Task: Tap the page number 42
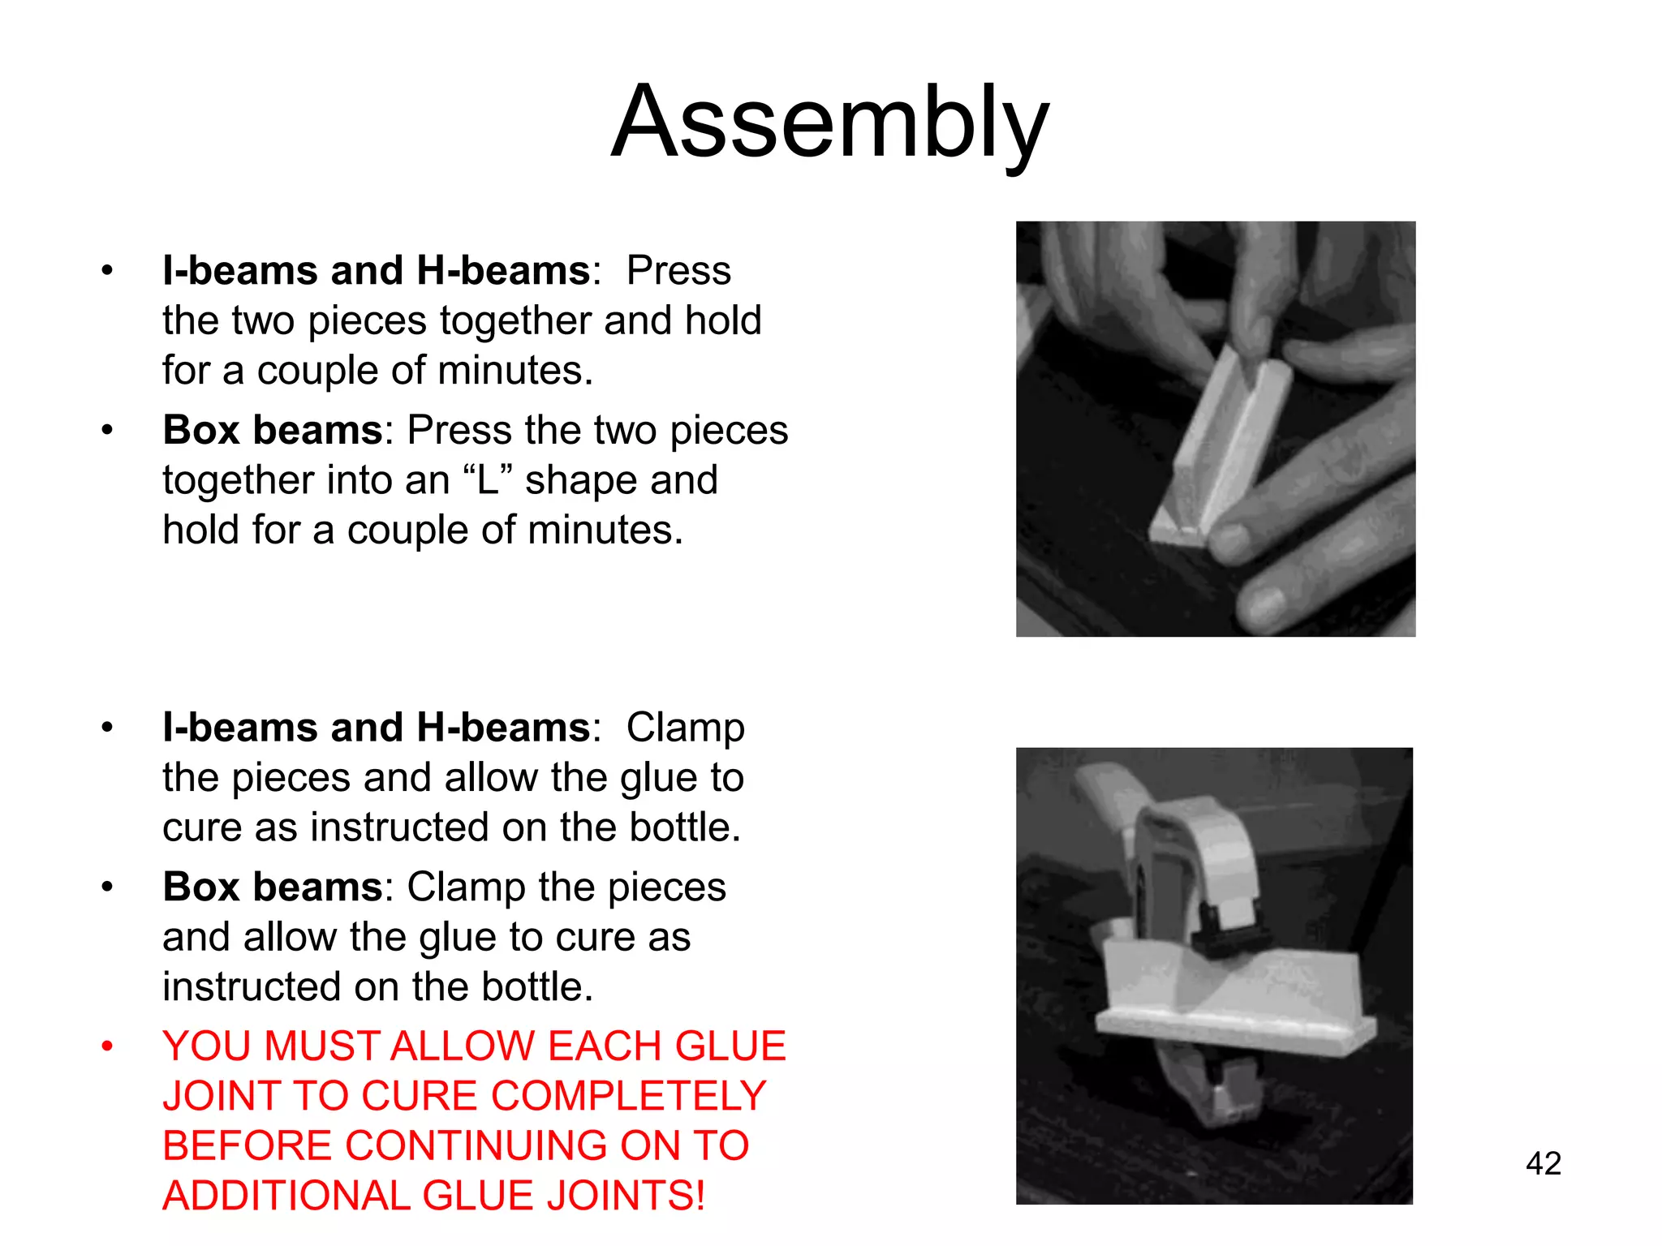(1543, 1163)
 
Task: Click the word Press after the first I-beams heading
(678, 270)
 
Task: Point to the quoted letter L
(487, 480)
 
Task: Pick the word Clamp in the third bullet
(685, 728)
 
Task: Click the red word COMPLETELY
(629, 1096)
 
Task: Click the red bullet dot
(107, 1046)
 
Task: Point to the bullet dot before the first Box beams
(107, 430)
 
